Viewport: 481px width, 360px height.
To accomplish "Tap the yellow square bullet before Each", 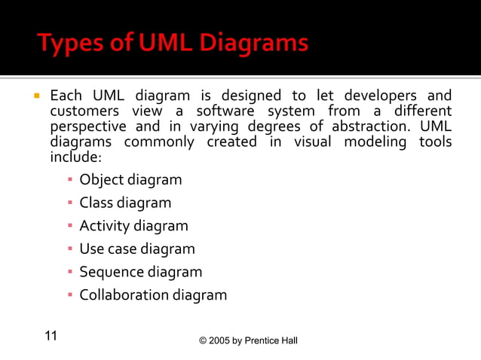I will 35,96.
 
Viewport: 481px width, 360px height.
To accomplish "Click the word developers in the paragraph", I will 375,96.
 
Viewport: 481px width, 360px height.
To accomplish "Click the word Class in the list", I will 96,203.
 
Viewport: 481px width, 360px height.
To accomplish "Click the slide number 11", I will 52,336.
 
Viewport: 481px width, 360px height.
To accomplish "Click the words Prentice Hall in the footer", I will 274,341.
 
